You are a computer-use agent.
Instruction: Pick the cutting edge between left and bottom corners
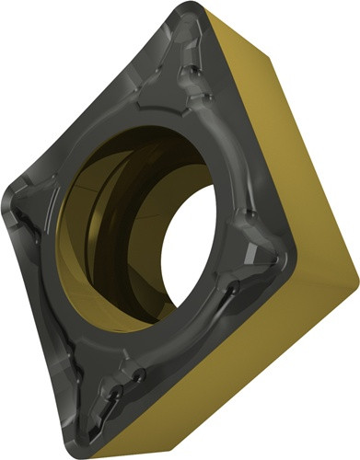46,313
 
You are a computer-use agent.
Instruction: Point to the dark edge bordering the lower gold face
203,350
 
